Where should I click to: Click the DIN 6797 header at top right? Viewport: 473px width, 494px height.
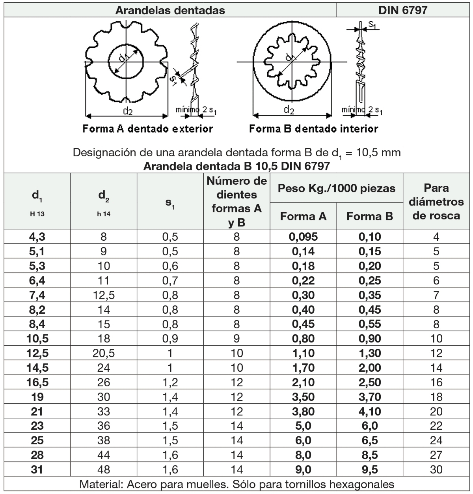(402, 10)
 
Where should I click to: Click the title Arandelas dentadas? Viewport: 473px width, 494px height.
(170, 10)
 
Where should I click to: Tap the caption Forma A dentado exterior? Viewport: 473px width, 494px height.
(147, 129)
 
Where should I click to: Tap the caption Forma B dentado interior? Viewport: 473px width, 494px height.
(313, 129)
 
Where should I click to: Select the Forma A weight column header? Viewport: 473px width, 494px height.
(303, 216)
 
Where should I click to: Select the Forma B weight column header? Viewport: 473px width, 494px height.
(369, 216)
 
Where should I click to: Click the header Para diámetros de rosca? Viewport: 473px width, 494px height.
(436, 202)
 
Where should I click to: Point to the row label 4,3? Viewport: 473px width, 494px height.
(37, 237)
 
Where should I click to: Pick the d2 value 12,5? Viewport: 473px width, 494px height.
(104, 295)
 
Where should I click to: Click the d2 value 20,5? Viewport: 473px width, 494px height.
(104, 353)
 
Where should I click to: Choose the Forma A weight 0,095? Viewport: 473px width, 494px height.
(303, 237)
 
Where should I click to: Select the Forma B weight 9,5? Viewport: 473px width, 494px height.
(370, 470)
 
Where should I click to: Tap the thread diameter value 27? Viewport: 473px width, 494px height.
(436, 455)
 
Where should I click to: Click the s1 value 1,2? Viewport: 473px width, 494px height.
(170, 382)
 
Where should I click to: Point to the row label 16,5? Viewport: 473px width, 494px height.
(37, 382)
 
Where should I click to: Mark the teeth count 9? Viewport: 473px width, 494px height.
(236, 339)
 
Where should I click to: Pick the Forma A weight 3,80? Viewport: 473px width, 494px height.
(303, 412)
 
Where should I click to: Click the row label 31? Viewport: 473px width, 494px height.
(37, 470)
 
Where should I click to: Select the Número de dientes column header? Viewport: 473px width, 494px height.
(236, 202)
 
